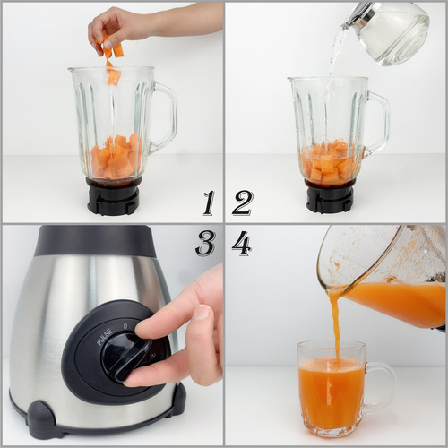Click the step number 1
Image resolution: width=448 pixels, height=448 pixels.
coord(208,202)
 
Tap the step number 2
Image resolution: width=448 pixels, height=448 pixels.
coord(242,202)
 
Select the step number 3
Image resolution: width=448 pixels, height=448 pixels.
coord(205,242)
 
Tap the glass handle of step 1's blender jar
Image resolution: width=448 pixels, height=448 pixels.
coord(165,116)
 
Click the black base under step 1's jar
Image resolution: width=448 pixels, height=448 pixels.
coord(114,196)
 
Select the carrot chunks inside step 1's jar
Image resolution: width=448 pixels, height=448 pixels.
coord(115,157)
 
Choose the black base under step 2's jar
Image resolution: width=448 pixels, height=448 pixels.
coord(330,196)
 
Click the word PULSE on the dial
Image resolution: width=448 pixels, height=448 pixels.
coord(105,339)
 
